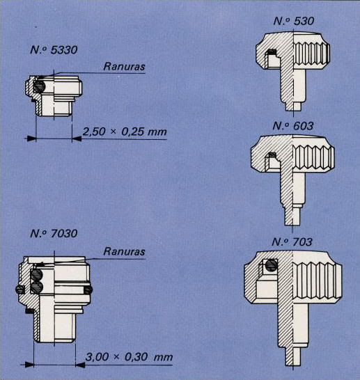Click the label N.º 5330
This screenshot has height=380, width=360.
(54, 50)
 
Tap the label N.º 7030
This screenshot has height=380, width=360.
(54, 234)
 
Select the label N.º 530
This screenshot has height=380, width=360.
(294, 21)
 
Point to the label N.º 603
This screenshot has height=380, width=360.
(293, 126)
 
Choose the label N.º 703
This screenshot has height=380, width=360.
(292, 242)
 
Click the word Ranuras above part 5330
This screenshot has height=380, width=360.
(124, 66)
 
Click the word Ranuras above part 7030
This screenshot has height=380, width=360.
(124, 251)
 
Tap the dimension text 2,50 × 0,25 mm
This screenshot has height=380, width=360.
(125, 132)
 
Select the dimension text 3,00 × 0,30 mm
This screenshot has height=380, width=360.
(129, 357)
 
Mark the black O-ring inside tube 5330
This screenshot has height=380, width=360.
(38, 86)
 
